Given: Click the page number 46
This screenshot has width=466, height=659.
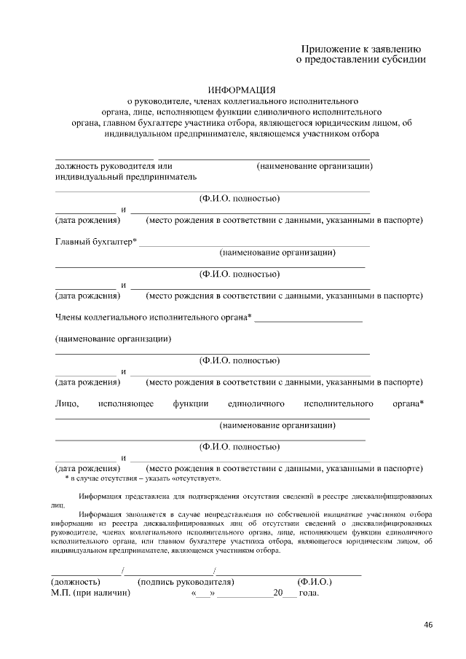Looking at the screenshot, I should pyautogui.click(x=428, y=625).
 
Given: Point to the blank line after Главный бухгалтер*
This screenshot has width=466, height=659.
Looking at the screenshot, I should pyautogui.click(x=254, y=245).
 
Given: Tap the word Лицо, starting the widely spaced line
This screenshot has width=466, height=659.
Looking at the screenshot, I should pyautogui.click(x=66, y=403).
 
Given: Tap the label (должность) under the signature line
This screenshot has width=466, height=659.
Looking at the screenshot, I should pyautogui.click(x=74, y=582).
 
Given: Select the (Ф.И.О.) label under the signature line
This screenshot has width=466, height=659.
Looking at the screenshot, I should pyautogui.click(x=315, y=582).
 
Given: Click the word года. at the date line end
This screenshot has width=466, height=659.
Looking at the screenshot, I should pyautogui.click(x=309, y=593).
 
